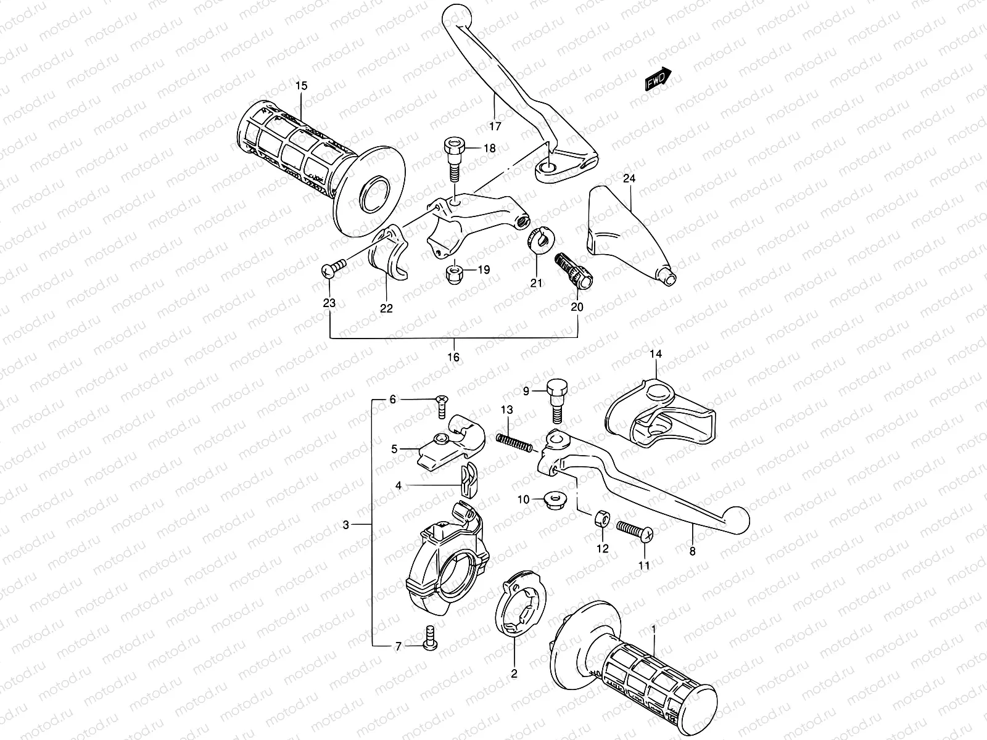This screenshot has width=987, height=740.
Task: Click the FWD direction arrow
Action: point(658,79)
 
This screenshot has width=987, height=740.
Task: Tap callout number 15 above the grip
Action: point(301,86)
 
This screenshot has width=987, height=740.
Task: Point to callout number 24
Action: point(629,179)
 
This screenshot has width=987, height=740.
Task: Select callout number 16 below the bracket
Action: point(454,357)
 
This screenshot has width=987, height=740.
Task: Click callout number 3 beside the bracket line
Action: point(346,525)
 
